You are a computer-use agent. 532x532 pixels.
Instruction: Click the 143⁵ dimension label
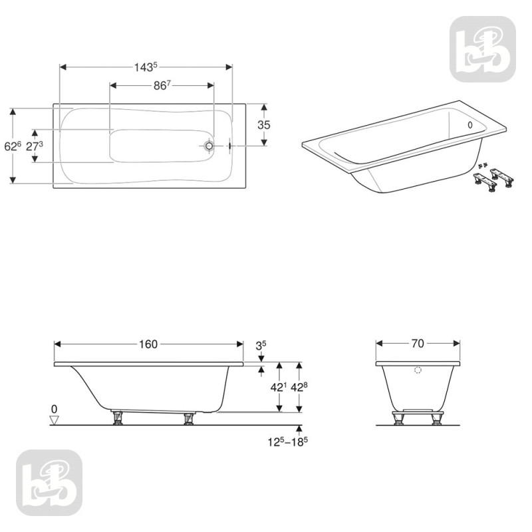tap(146, 66)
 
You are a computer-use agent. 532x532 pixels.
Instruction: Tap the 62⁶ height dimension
tap(13, 146)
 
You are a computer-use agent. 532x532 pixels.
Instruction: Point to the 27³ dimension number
tap(35, 146)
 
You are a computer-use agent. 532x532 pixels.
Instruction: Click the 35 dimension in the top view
tap(264, 124)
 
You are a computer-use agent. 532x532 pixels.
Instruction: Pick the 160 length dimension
tap(148, 344)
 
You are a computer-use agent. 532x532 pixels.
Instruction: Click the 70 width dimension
tap(418, 344)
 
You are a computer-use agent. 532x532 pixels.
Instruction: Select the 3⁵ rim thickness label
tap(261, 345)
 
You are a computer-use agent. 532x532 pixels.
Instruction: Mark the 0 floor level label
tap(55, 408)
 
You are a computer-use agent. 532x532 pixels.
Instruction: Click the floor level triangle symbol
tap(55, 420)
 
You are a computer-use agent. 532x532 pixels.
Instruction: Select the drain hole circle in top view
tap(209, 146)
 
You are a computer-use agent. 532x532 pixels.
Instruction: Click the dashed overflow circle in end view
tap(418, 371)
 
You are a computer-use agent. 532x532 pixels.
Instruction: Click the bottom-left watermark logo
tap(49, 482)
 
